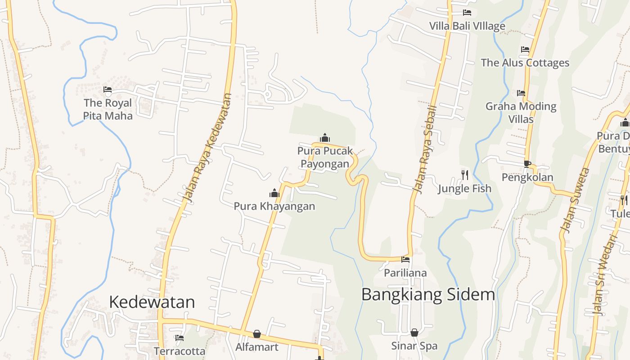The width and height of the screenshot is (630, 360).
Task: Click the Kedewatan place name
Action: tap(152, 302)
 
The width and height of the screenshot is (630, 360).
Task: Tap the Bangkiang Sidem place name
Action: tap(428, 295)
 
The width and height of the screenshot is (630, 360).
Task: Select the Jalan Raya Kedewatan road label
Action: tap(207, 148)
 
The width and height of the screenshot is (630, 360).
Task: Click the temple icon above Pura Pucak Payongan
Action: tap(324, 138)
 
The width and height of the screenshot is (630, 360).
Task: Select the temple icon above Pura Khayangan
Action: tap(274, 193)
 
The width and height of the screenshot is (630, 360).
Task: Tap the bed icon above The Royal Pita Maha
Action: tap(108, 90)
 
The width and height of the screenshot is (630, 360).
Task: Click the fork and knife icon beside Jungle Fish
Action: tap(465, 175)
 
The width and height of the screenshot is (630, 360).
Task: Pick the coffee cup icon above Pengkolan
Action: tap(527, 164)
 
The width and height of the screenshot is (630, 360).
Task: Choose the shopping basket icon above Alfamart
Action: tap(256, 334)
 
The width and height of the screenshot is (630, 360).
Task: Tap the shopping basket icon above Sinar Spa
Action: tap(414, 333)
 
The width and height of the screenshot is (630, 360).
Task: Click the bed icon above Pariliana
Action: tap(405, 259)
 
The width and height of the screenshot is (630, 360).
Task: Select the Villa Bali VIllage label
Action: tap(467, 26)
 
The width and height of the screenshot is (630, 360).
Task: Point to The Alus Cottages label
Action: tap(525, 63)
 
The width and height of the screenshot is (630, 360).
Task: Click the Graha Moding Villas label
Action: tap(521, 112)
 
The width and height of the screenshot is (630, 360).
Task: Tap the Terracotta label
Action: tap(180, 351)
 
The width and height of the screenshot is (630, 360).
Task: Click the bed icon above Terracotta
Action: tap(180, 337)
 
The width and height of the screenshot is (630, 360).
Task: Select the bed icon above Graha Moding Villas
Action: tap(521, 93)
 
